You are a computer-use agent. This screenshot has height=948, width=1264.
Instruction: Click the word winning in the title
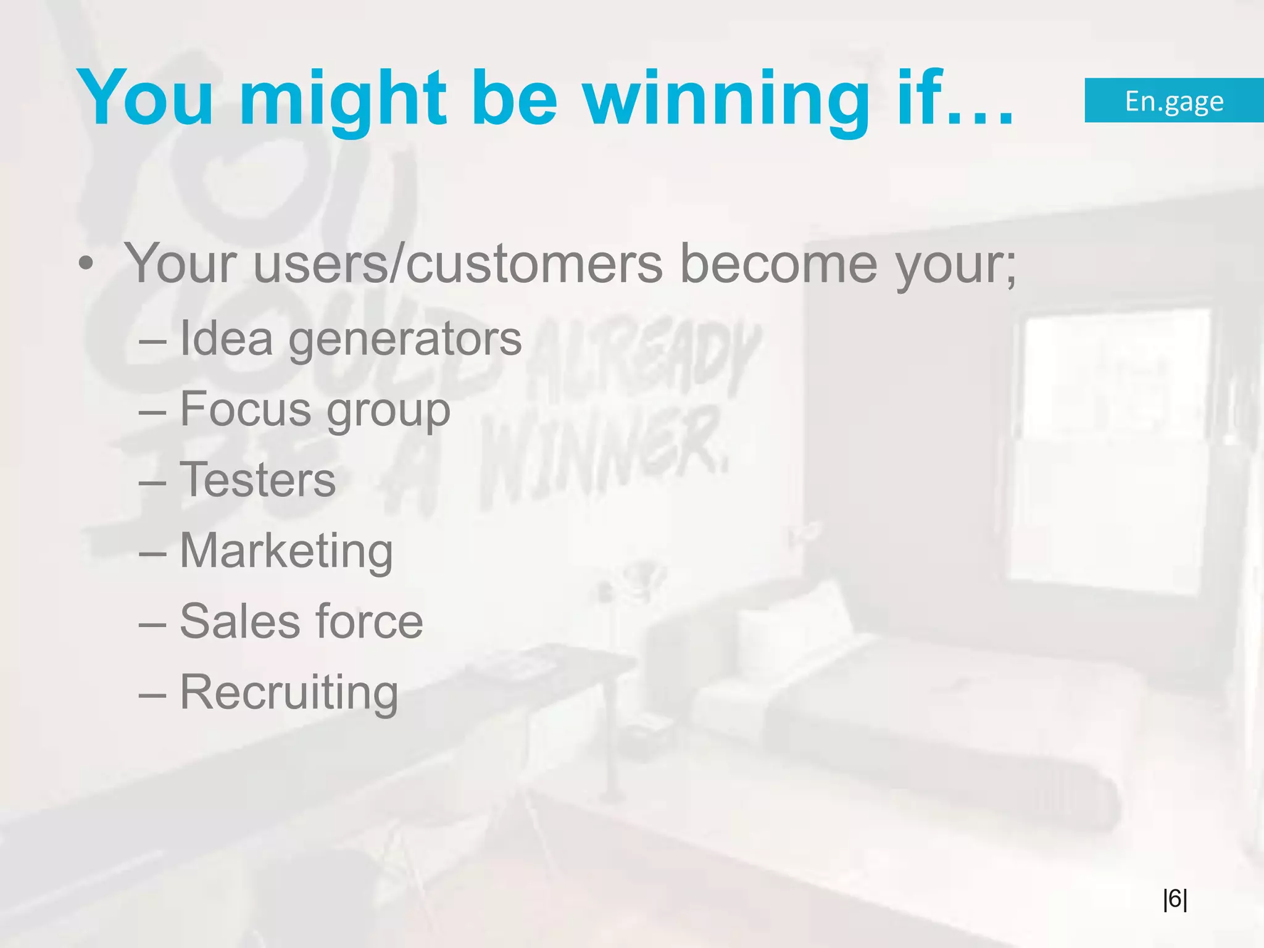(x=726, y=99)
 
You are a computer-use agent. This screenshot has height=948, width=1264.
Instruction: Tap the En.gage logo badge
(x=1174, y=101)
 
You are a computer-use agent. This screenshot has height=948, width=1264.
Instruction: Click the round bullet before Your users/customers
(x=86, y=264)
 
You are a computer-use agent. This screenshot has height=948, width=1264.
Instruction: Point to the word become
(x=778, y=264)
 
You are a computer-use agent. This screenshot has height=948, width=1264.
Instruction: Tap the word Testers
(x=257, y=480)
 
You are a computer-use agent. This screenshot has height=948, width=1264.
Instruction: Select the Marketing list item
(x=286, y=551)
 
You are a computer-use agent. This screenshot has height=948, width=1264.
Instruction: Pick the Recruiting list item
(x=289, y=692)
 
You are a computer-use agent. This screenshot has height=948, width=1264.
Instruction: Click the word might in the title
(x=343, y=99)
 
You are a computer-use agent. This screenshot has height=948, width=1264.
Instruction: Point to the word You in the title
(x=146, y=99)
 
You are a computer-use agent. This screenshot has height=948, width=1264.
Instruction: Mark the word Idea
(x=226, y=339)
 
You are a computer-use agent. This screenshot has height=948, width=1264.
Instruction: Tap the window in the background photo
(x=1111, y=444)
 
